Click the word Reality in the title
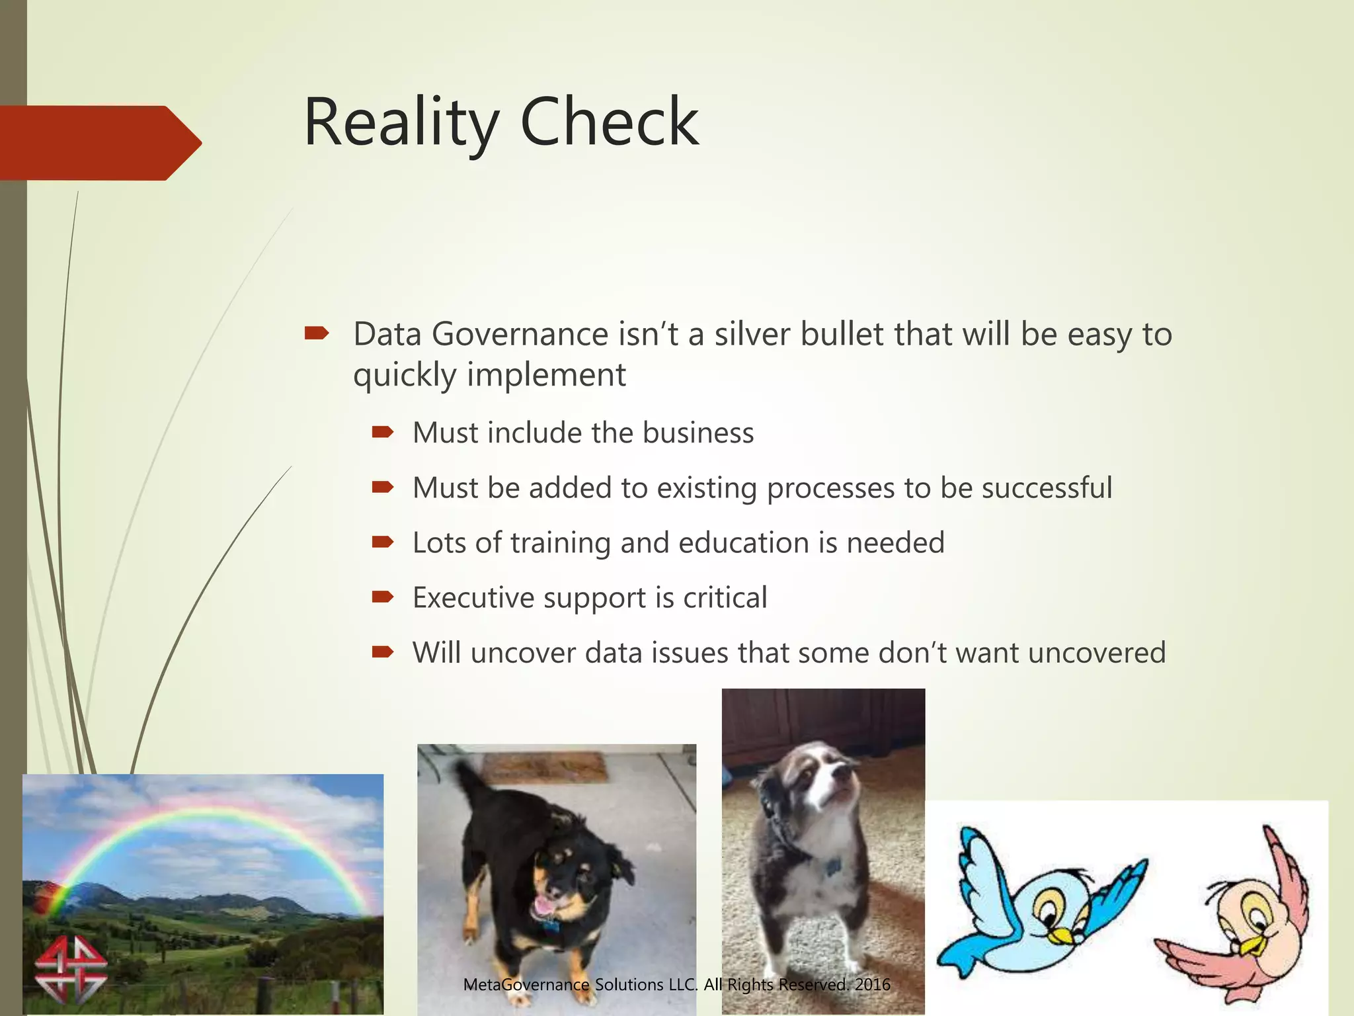401,124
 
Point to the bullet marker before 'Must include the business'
383,433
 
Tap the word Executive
473,598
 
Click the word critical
725,598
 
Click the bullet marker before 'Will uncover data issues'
383,653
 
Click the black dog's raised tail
469,781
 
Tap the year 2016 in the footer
872,985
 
